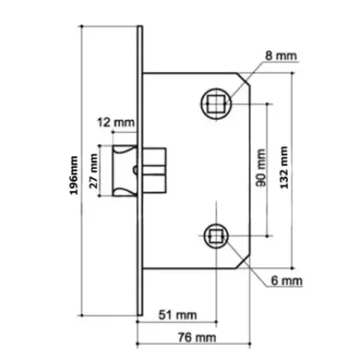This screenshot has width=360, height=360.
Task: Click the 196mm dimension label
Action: (x=73, y=175)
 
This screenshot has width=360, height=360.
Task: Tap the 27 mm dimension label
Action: (x=94, y=171)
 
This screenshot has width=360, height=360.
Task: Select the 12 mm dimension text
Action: (x=115, y=123)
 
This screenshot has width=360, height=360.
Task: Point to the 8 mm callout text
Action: (x=281, y=55)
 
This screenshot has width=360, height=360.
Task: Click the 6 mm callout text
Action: (x=286, y=281)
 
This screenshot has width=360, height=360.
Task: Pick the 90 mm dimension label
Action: (x=261, y=168)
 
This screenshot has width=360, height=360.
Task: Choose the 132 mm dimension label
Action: (x=284, y=168)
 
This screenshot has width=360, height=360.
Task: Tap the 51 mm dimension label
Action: (x=178, y=315)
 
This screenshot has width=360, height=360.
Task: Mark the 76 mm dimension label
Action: (x=197, y=337)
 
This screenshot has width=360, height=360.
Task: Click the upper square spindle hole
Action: (x=216, y=103)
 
